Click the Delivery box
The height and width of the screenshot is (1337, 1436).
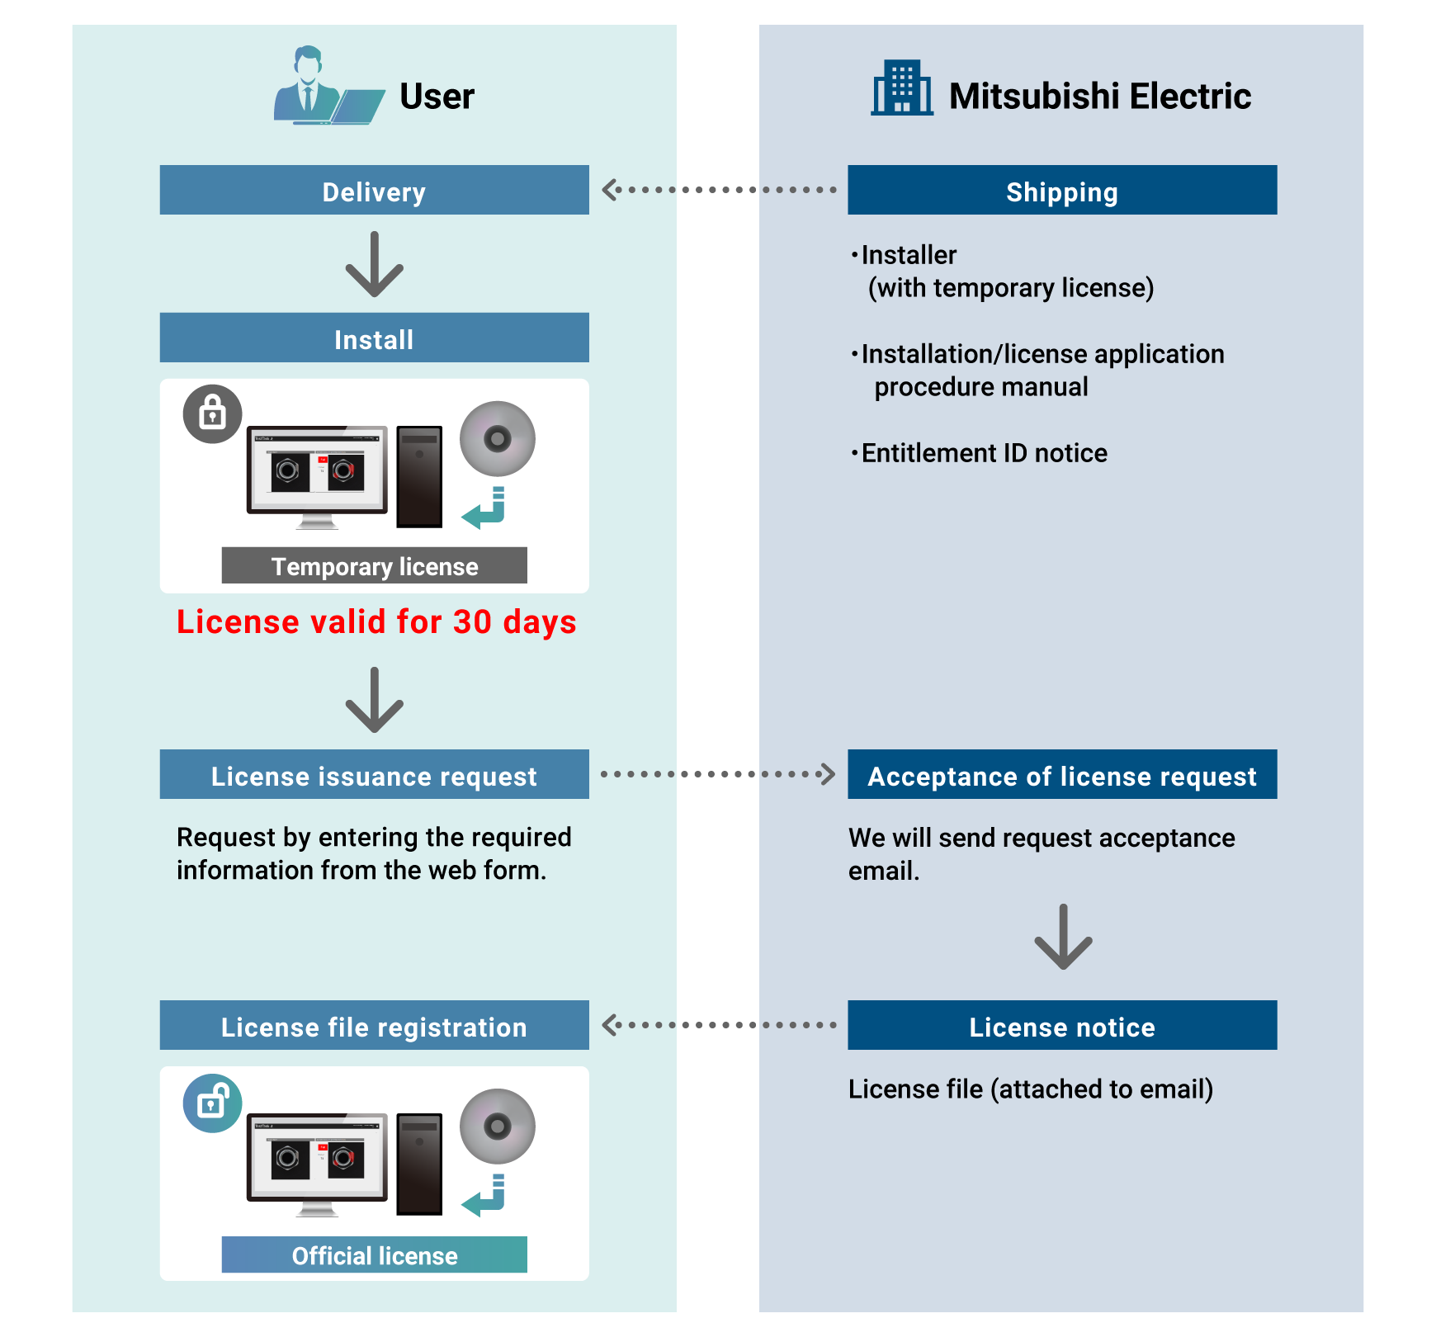click(x=374, y=191)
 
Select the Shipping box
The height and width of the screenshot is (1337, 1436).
click(x=1061, y=191)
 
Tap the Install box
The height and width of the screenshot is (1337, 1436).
click(x=374, y=338)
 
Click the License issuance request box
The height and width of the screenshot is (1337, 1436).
click(x=374, y=775)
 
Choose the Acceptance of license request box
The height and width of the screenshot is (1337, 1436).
click(x=1061, y=775)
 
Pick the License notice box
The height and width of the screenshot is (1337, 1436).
click(x=1061, y=1026)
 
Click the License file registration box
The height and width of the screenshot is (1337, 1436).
click(x=374, y=1026)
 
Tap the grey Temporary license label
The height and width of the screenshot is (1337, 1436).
click(x=374, y=566)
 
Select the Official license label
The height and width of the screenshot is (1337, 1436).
click(x=374, y=1255)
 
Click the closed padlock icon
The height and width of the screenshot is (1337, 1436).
click(x=212, y=413)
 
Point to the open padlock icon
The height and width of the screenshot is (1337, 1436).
click(x=212, y=1103)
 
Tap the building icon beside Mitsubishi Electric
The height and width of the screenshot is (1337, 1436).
click(x=902, y=87)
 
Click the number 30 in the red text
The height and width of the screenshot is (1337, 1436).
click(x=472, y=622)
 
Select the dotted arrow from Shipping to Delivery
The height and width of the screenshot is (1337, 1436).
click(x=718, y=190)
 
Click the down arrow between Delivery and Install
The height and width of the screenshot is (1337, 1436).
click(x=374, y=264)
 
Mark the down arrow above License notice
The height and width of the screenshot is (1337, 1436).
click(x=1063, y=937)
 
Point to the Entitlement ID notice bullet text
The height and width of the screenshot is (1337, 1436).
click(x=984, y=453)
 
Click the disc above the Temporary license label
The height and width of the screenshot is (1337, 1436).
click(x=498, y=439)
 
